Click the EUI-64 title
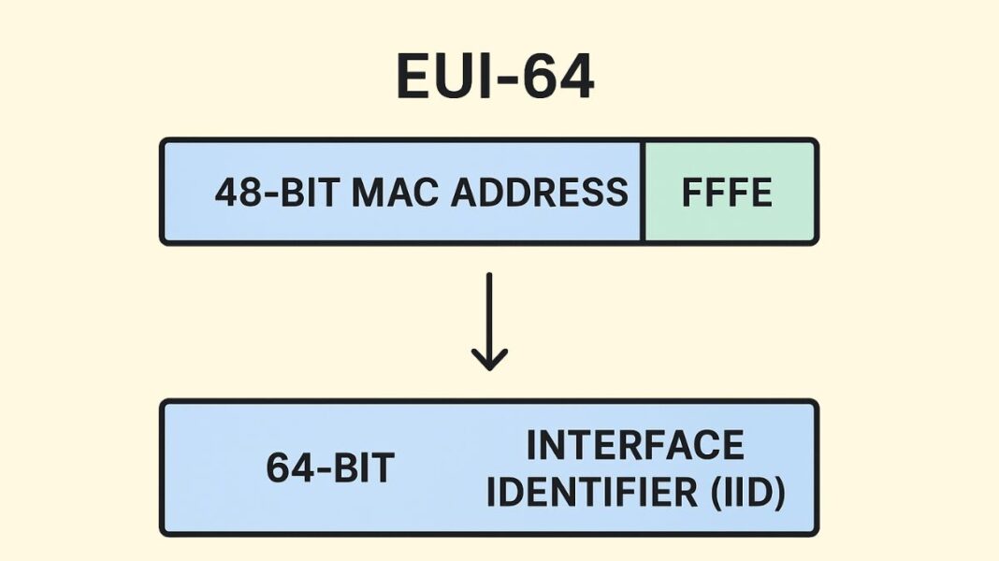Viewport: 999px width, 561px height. click(x=495, y=76)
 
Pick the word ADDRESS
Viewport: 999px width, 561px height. click(x=540, y=193)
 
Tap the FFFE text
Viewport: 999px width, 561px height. click(x=727, y=193)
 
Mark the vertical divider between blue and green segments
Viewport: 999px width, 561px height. click(x=644, y=192)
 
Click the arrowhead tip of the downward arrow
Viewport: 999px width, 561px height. click(x=489, y=367)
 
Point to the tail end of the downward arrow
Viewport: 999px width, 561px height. click(x=489, y=276)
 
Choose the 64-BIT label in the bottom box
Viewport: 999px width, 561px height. click(x=330, y=468)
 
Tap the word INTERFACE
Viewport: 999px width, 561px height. click(x=635, y=445)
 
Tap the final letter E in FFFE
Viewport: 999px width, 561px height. click(x=760, y=193)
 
